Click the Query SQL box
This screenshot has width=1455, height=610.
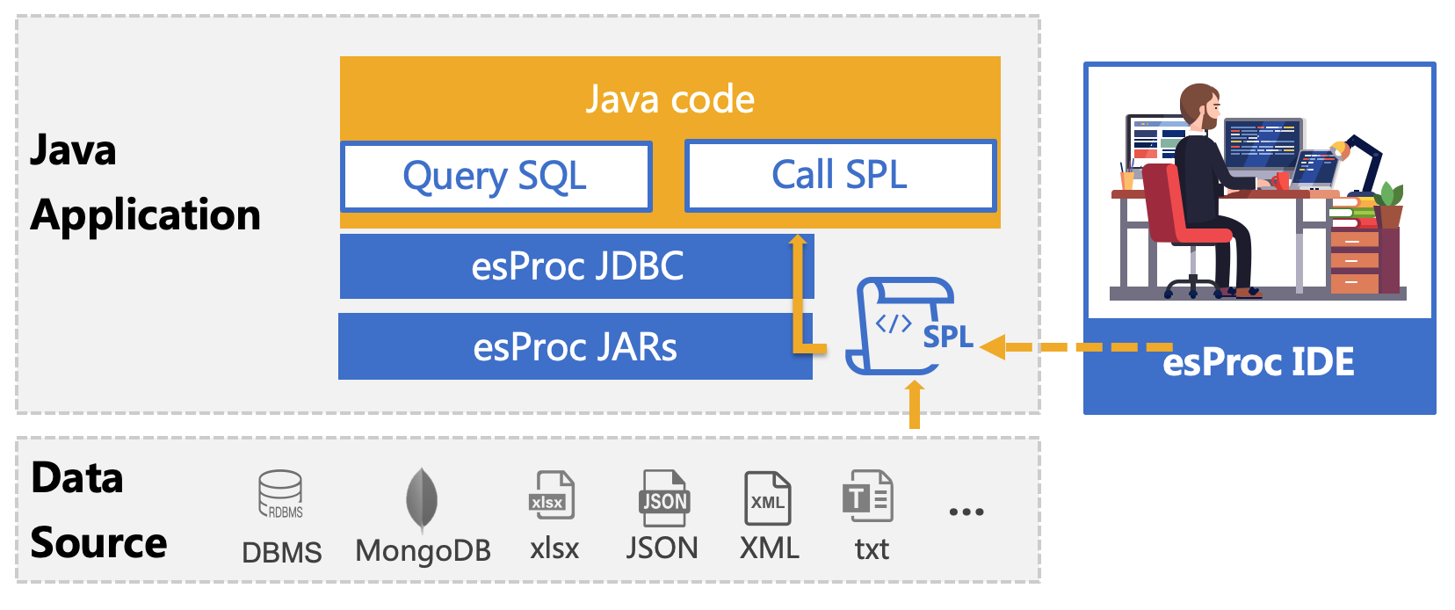[496, 177]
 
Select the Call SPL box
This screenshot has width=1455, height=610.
[840, 175]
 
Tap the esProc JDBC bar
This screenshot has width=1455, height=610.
[576, 266]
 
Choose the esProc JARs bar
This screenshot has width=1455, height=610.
[575, 347]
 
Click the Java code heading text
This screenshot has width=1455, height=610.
[670, 99]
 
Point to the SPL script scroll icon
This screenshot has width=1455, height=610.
[901, 326]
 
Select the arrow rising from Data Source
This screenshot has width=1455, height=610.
[915, 404]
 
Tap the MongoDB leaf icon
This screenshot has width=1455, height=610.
[422, 498]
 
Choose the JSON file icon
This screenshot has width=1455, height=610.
[663, 497]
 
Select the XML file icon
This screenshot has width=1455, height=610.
[767, 498]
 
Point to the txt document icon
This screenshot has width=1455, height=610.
[867, 497]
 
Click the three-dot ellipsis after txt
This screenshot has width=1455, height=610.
[966, 512]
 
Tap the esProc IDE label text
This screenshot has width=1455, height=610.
[1258, 362]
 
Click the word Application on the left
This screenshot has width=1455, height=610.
[146, 215]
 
